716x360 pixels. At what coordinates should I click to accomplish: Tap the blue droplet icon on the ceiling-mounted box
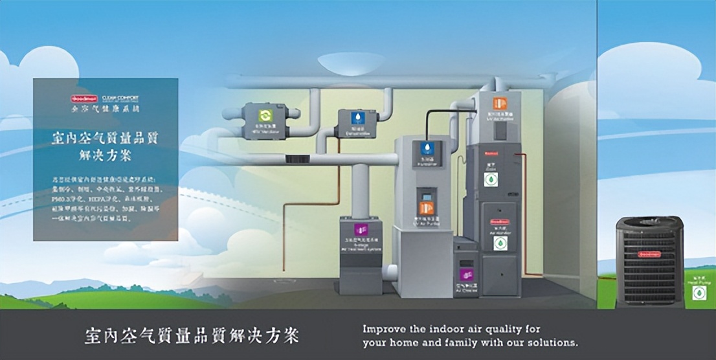357,118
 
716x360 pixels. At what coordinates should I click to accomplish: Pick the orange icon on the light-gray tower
425,208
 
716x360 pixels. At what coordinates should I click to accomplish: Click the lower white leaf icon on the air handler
500,243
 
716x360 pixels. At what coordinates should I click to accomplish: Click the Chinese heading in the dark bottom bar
192,336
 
